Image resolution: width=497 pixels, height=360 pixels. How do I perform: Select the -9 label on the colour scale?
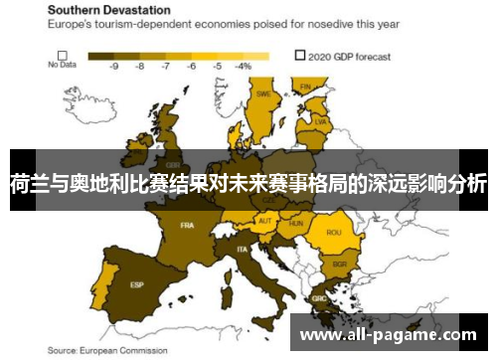click(114, 66)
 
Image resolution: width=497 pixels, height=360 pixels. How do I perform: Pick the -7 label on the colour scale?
click(165, 66)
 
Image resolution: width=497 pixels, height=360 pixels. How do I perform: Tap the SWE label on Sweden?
click(263, 94)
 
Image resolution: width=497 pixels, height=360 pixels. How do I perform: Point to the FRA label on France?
click(187, 225)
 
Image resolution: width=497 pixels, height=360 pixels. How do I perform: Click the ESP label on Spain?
click(136, 284)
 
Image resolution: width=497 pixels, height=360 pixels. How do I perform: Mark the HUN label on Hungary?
click(295, 224)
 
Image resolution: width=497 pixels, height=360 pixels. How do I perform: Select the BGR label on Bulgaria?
click(339, 265)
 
